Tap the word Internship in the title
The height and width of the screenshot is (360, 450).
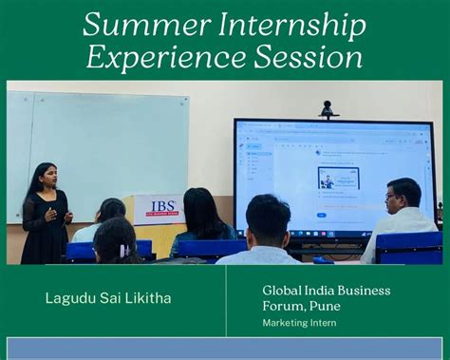(286, 26)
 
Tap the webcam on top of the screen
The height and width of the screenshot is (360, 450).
(328, 109)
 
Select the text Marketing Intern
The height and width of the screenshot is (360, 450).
(300, 323)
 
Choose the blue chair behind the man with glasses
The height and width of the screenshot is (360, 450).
(408, 249)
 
